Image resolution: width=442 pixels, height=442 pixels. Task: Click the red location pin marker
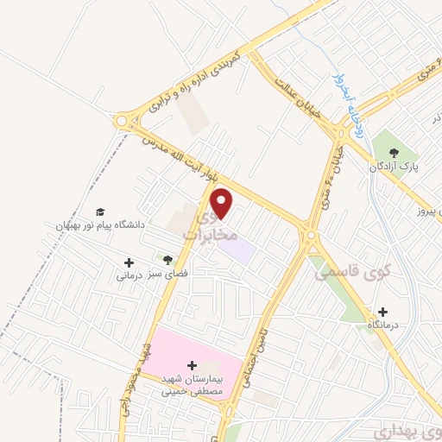[223, 204]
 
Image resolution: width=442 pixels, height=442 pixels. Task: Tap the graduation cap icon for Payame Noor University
[100, 212]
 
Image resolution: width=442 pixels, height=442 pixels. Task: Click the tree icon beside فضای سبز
[167, 260]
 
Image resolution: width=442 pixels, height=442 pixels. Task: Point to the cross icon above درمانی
[129, 262]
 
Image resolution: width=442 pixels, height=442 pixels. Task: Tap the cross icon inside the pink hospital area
[192, 365]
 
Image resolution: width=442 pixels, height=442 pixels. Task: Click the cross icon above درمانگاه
[383, 312]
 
